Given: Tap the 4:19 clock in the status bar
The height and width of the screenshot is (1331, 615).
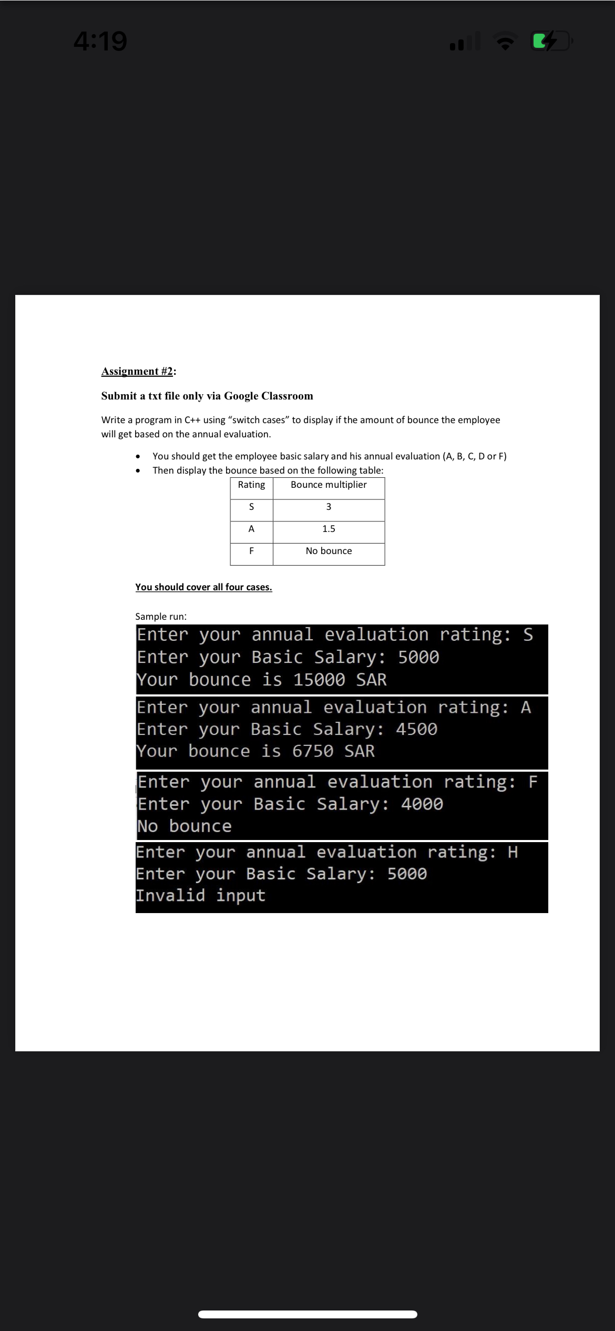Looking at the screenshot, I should click(100, 41).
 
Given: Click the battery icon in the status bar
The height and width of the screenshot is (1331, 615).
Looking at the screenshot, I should click(551, 41).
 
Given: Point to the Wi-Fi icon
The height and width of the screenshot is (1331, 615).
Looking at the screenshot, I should click(505, 41).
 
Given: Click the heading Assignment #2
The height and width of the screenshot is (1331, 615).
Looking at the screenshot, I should click(138, 372).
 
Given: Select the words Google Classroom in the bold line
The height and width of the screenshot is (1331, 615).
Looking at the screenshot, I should click(269, 396).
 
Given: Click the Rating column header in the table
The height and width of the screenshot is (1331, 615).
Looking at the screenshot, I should click(251, 485).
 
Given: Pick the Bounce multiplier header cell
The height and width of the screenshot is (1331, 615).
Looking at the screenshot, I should click(329, 485).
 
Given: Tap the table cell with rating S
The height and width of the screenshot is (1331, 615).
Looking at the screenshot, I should click(251, 507).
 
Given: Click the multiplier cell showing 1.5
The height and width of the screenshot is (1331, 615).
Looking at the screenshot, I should click(329, 529).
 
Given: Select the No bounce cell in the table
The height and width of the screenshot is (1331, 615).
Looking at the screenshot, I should click(329, 551).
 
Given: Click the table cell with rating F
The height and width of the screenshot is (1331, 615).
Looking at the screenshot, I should click(251, 551).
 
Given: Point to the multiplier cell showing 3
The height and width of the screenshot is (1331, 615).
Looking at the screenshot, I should click(329, 507).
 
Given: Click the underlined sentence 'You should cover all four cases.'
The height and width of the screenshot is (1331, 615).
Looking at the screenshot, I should click(203, 587).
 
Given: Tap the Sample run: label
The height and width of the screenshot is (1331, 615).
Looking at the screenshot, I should click(161, 617).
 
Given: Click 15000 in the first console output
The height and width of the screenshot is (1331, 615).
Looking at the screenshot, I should click(319, 680).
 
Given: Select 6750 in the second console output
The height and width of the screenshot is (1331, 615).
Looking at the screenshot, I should click(313, 751).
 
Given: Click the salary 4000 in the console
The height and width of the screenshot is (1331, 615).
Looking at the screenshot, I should click(422, 804).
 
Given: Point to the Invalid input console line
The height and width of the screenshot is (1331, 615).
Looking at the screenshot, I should click(201, 895).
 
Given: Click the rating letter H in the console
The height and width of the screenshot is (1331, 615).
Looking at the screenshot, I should click(512, 852).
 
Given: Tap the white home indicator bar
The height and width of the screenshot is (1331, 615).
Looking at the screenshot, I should click(307, 1314).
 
